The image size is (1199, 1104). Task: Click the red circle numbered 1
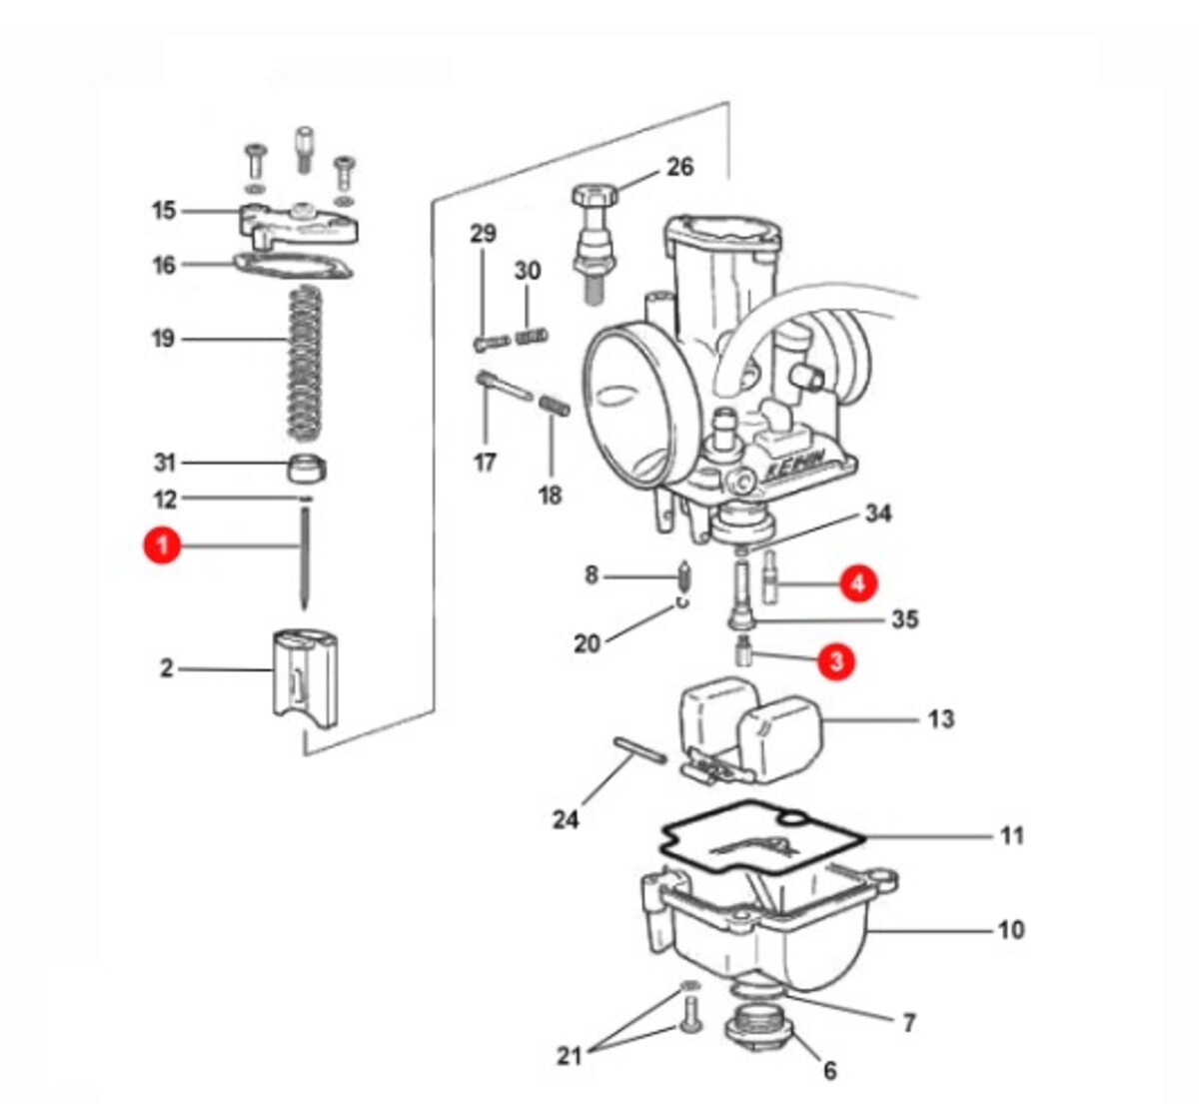coord(162,546)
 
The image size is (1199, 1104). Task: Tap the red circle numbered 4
coord(857,582)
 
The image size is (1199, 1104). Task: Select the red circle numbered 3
coord(836,661)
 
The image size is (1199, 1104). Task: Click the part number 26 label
coord(680,167)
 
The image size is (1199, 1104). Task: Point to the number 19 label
coord(163,339)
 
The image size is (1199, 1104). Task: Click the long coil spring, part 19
coord(306,364)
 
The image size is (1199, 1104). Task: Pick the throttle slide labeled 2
coord(305,679)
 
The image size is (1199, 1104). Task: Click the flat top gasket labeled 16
coord(293,267)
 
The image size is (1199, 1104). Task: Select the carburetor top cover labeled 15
coord(299,226)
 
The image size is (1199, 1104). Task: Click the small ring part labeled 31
coord(307,468)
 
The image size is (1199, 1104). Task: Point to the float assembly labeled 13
coord(752,731)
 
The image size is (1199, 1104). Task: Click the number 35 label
coord(905,619)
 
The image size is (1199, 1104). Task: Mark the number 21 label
coord(569,1056)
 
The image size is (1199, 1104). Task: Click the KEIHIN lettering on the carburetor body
coord(795,469)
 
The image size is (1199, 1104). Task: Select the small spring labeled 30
coord(532,337)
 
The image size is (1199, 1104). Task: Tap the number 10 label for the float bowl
coord(1011,929)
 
